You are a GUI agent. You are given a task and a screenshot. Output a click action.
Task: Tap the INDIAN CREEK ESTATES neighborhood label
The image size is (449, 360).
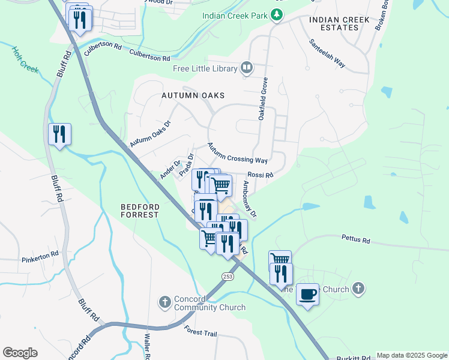point(339,23)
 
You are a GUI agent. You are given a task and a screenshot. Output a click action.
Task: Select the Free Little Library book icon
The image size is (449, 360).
point(247,68)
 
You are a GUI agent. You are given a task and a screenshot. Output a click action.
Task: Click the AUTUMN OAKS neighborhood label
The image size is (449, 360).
point(192,95)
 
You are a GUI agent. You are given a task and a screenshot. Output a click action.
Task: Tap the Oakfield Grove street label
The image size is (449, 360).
point(262,99)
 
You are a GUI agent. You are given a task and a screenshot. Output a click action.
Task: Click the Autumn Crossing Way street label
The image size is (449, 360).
point(238,153)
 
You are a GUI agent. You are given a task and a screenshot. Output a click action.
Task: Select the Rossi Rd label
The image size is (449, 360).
point(260,175)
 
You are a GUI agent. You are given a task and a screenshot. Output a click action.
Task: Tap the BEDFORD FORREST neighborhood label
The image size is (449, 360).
point(140,210)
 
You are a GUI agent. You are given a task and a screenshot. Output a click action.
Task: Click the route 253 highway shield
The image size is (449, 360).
point(228,276)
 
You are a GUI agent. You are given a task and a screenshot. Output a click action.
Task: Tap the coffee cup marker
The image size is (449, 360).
point(307,294)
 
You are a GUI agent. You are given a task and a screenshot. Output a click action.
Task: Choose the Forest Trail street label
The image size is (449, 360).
point(200,331)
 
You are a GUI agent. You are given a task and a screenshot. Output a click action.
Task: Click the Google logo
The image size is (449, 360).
point(20,353)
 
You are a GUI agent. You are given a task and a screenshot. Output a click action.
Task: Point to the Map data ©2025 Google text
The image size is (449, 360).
point(411,355)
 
